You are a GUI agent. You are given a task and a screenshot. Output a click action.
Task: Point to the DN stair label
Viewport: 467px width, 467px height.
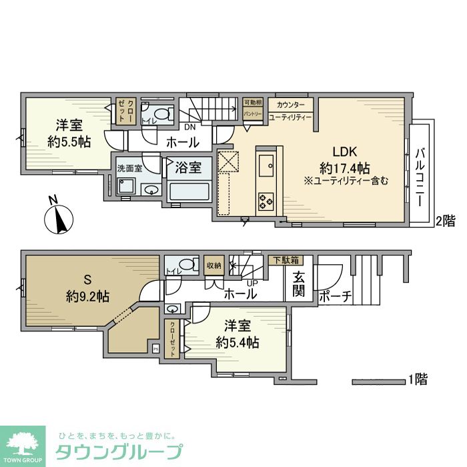coord(190,127)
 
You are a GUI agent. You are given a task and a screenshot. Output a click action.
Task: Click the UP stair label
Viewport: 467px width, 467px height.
coord(252,282)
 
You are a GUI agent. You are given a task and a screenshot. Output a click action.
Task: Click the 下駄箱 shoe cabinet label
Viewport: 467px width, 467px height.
coord(285,260)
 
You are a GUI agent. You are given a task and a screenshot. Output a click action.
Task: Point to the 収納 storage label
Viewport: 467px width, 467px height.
coord(213,265)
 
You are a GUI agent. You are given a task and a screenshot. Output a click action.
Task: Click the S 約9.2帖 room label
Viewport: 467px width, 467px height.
coord(87,289)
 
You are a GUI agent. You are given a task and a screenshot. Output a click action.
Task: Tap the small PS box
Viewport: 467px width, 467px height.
coord(156,348)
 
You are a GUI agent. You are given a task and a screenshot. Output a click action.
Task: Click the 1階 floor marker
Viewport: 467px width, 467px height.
coord(418,380)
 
